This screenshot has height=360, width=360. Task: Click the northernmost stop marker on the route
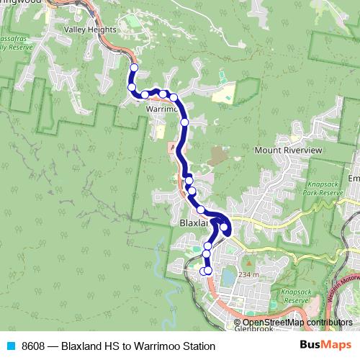tap(133, 68)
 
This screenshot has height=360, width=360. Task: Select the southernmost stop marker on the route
tap(208, 271)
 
